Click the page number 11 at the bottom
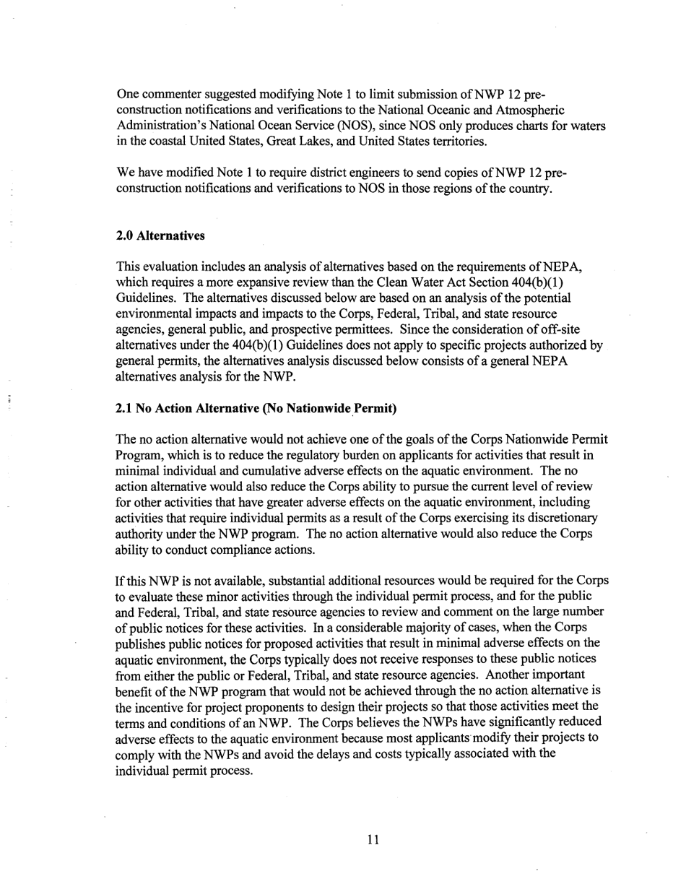tap(373, 839)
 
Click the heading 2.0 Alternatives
tap(160, 236)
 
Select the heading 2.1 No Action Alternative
tap(256, 409)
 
